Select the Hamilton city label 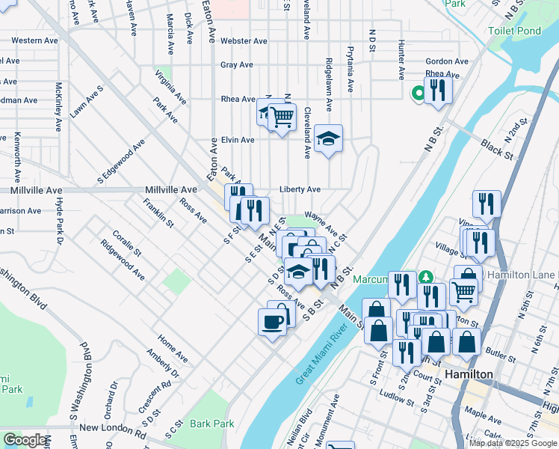[x=468, y=374]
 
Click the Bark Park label [x=212, y=424]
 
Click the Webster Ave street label [x=244, y=41]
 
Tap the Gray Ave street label [x=237, y=65]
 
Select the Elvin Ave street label [x=238, y=140]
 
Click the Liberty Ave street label [x=300, y=190]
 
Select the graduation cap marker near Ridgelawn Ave [x=327, y=138]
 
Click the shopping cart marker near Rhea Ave [x=282, y=116]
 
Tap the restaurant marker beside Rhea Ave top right [x=439, y=91]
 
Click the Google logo [x=25, y=440]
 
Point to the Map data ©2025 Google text [x=513, y=443]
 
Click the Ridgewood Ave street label [x=123, y=260]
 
